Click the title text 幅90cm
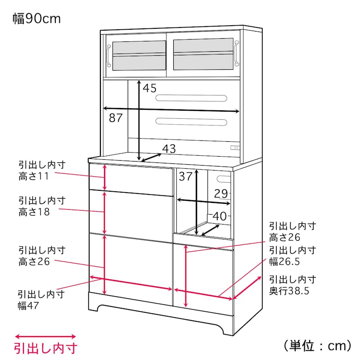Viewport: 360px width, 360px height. tap(36, 19)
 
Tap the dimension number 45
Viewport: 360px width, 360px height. tap(149, 88)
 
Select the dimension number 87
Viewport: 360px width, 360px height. tap(116, 118)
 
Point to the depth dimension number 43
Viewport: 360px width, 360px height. tap(169, 148)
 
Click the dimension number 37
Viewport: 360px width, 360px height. tap(185, 176)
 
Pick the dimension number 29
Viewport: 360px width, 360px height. tap(221, 194)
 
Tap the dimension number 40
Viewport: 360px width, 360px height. tap(220, 216)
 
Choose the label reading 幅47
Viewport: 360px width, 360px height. tap(28, 306)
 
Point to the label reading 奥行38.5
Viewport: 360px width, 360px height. tap(289, 291)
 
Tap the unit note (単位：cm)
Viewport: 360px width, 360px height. tap(317, 346)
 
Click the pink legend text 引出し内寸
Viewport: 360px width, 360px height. tap(45, 349)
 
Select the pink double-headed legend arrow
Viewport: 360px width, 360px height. tap(45, 337)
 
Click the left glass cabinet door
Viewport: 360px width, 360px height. tap(135, 55)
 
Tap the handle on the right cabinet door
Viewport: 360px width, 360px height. tap(235, 53)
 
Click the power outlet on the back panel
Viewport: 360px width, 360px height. tap(234, 147)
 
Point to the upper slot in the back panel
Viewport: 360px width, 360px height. tap(191, 99)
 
